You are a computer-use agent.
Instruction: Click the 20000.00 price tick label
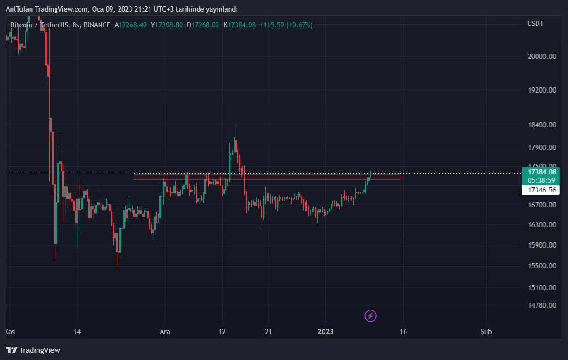pyautogui.click(x=541, y=56)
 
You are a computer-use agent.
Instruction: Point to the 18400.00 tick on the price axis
pyautogui.click(x=541, y=125)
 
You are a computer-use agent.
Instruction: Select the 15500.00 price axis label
pyautogui.click(x=541, y=266)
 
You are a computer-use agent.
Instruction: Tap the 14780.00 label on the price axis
pyautogui.click(x=541, y=305)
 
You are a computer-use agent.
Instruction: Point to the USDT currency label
pyautogui.click(x=536, y=24)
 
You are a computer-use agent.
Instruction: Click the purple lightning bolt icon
pyautogui.click(x=370, y=316)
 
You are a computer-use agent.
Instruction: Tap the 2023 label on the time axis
pyautogui.click(x=325, y=332)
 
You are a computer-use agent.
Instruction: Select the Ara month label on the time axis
pyautogui.click(x=165, y=332)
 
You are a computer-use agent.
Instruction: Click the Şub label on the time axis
pyautogui.click(x=486, y=332)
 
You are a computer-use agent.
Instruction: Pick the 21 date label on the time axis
pyautogui.click(x=268, y=332)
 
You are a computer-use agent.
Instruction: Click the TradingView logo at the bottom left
pyautogui.click(x=33, y=350)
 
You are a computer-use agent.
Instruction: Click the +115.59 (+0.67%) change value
pyautogui.click(x=286, y=25)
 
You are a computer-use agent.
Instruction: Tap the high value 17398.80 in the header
pyautogui.click(x=169, y=25)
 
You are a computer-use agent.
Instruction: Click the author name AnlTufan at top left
pyautogui.click(x=19, y=9)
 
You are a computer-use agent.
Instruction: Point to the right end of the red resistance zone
pyautogui.click(x=399, y=176)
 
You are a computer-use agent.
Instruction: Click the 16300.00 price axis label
pyautogui.click(x=541, y=225)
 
